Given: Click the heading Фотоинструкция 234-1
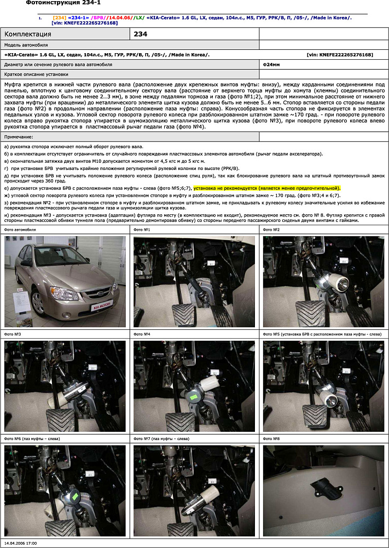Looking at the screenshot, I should [x=63, y=3].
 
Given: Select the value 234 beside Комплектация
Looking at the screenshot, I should [x=141, y=34].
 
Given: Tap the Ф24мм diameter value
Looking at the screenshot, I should [x=271, y=64].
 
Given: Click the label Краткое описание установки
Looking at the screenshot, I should [x=36, y=73].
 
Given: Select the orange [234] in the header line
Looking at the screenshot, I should [x=59, y=18].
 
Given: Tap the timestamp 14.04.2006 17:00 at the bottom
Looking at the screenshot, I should [x=21, y=543].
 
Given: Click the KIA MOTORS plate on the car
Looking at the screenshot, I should [x=101, y=302].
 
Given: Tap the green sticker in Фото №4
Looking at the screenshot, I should [x=193, y=396].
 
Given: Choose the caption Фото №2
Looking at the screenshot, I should [x=272, y=230].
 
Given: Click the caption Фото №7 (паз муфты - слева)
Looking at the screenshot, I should [x=162, y=439].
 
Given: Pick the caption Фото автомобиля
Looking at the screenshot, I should [x=20, y=230].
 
